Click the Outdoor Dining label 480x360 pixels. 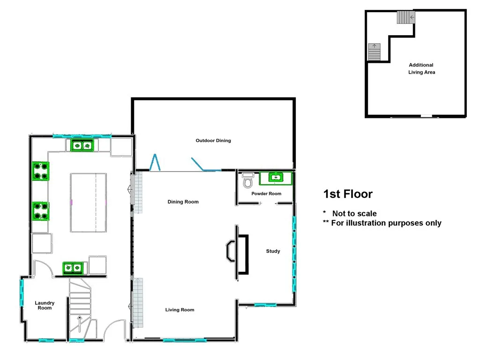[213, 141]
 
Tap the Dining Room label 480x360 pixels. [183, 202]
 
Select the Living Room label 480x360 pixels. [180, 310]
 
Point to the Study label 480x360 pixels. [273, 251]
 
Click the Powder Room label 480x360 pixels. [266, 194]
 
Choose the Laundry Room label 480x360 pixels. [45, 306]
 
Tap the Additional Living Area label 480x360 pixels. [421, 69]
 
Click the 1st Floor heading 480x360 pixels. [348, 194]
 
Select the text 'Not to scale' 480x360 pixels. [354, 214]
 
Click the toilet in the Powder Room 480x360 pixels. [248, 180]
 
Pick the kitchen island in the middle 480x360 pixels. [88, 202]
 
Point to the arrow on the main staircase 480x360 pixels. [80, 323]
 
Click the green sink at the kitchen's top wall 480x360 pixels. [82, 146]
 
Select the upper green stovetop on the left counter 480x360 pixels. [41, 171]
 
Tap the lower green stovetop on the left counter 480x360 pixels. [41, 211]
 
